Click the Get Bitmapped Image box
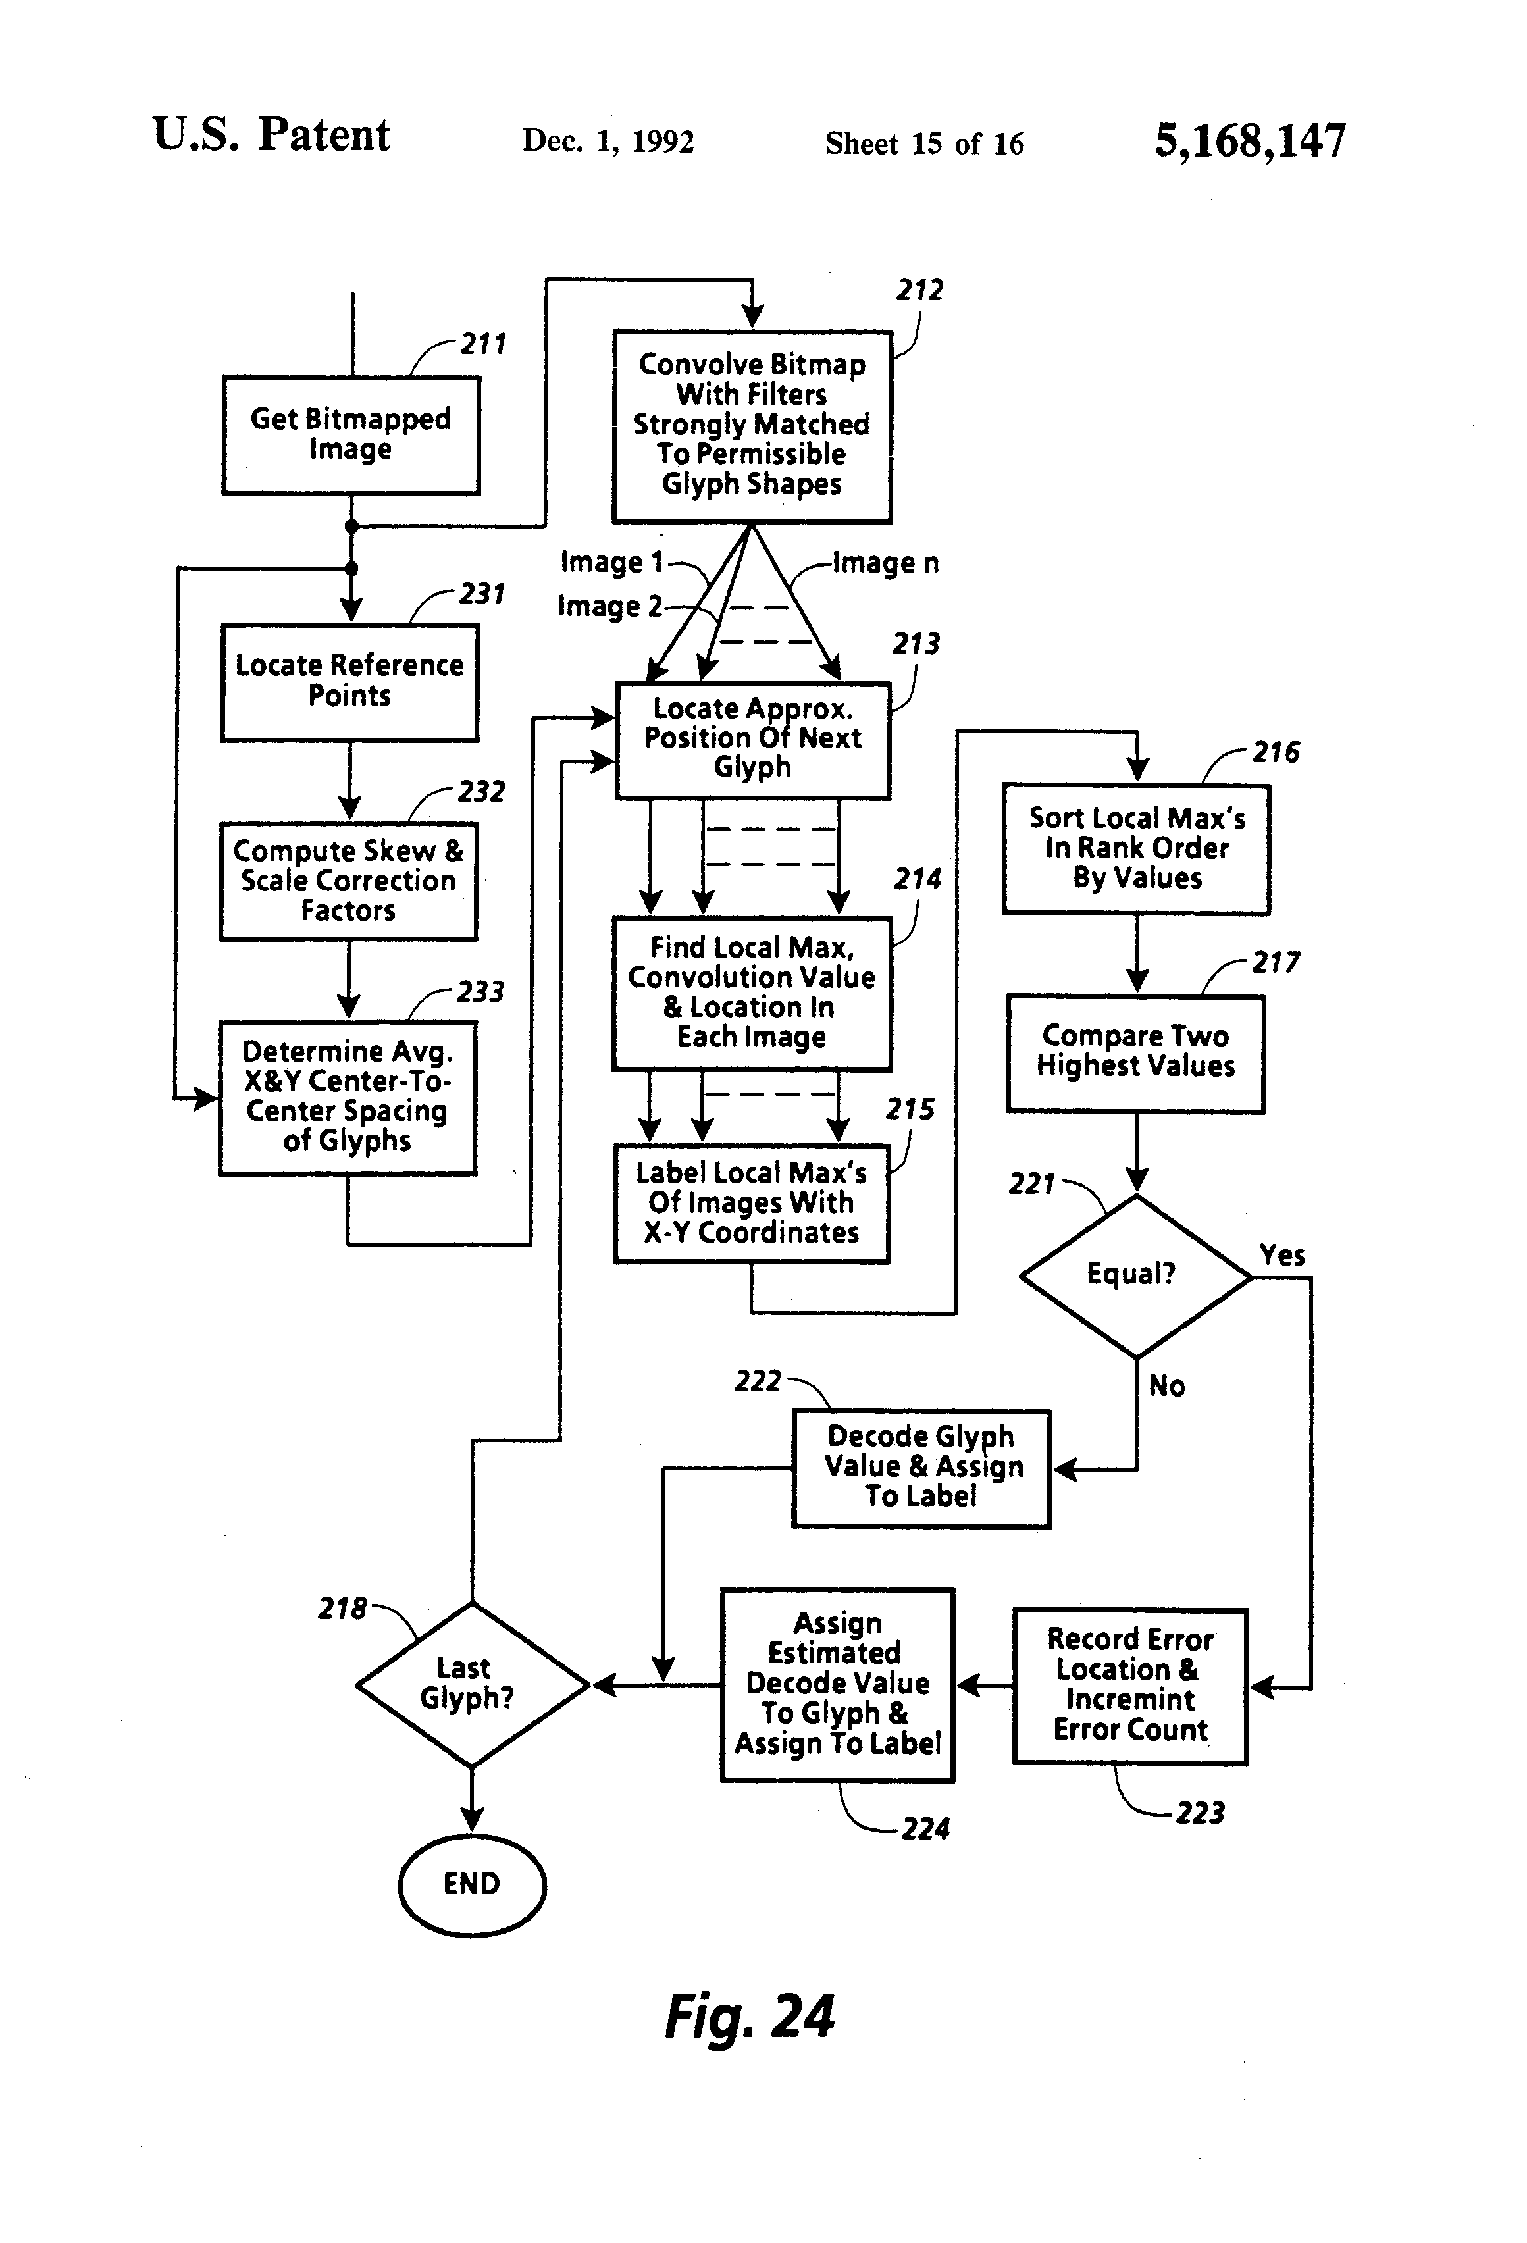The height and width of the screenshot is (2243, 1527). coord(350,435)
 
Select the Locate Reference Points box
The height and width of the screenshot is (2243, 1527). coord(349,683)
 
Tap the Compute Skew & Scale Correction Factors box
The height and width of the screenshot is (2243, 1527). coord(348,881)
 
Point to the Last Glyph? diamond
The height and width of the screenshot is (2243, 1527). coord(472,1685)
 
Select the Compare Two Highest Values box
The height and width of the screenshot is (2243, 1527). coord(1136,1053)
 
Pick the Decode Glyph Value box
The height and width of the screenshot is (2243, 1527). coord(921,1468)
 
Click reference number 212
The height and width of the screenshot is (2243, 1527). coord(919,290)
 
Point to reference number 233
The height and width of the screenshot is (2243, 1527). coord(480,992)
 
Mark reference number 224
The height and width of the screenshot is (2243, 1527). coord(925,1829)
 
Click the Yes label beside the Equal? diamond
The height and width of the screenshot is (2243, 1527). coord(1282,1256)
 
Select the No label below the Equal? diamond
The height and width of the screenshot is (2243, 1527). coord(1166,1387)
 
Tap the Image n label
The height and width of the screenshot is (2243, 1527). coord(885,563)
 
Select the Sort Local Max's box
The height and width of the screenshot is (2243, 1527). coord(1136,848)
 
